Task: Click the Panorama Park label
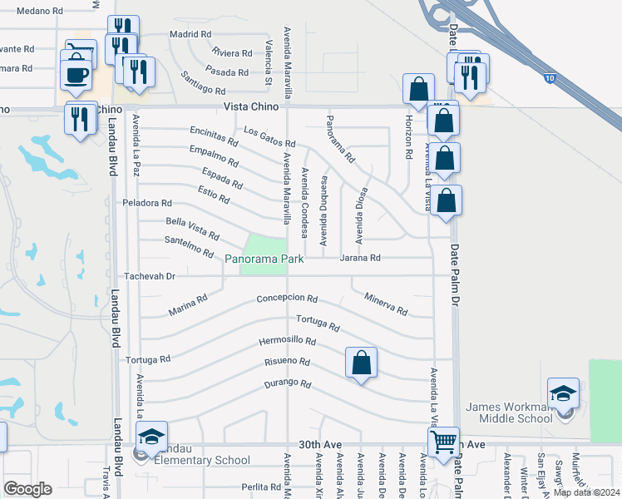(264, 259)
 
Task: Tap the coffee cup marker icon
(77, 74)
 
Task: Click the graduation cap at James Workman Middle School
(563, 393)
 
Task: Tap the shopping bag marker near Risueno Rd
(361, 363)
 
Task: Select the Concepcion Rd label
(287, 299)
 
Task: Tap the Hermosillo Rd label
(287, 341)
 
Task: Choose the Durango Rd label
(287, 384)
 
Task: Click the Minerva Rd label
(385, 304)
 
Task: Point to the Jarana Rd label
(360, 259)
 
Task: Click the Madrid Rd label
(190, 34)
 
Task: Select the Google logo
(27, 489)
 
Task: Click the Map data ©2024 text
(585, 492)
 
